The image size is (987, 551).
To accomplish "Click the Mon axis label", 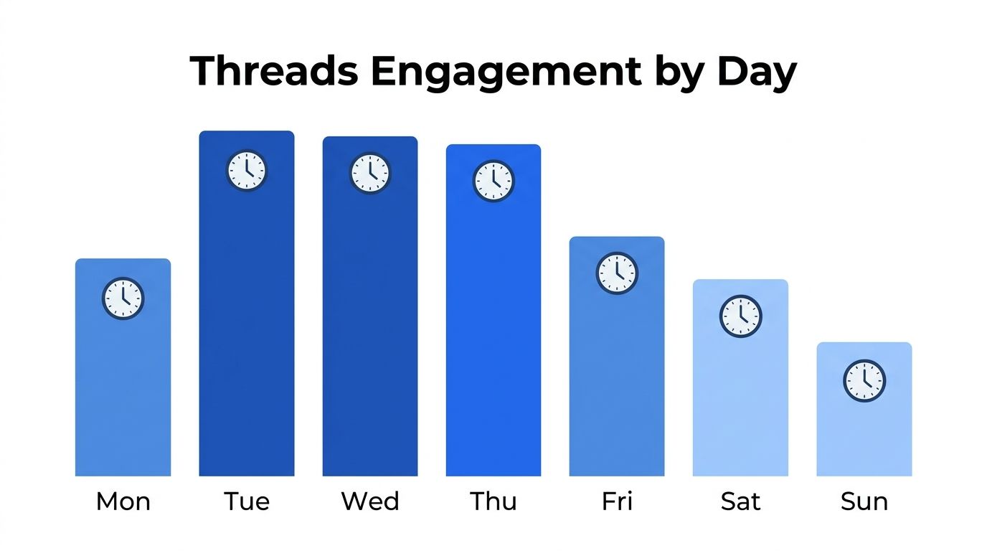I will (123, 501).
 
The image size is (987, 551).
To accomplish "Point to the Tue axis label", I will (247, 501).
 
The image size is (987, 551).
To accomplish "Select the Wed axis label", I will (370, 501).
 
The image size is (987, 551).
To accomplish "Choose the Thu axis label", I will (493, 501).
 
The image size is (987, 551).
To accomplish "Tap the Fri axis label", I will (617, 501).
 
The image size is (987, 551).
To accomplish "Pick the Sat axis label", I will (740, 501).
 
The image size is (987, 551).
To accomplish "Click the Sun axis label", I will (864, 501).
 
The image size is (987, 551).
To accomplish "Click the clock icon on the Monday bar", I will (123, 298).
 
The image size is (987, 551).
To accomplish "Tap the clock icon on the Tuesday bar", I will (247, 171).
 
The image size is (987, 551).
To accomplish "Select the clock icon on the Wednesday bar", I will (370, 173).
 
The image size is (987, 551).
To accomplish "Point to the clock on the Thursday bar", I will (493, 181).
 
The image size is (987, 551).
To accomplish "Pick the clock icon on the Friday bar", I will (617, 273).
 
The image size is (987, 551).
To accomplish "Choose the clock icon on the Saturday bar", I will (740, 316).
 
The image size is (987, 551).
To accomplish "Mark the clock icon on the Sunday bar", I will (864, 380).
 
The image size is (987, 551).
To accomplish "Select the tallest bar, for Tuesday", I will (247, 323).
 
